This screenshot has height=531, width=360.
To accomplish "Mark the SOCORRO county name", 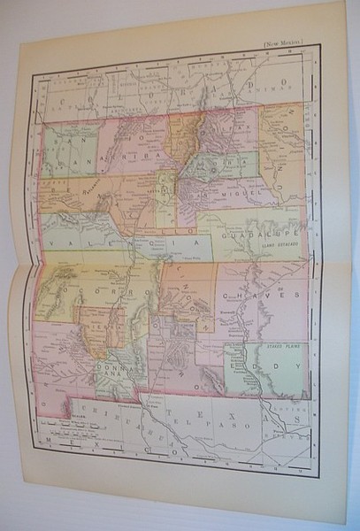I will (91, 289).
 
